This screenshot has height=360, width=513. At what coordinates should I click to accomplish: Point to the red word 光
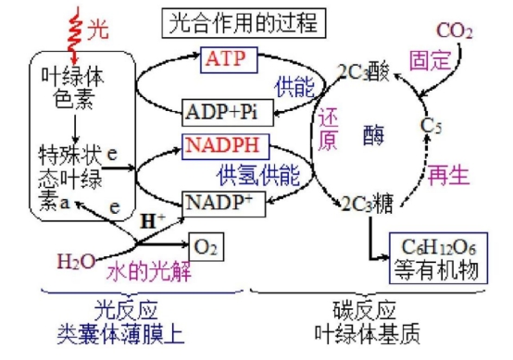click(97, 30)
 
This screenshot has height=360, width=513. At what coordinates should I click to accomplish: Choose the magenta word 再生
click(449, 174)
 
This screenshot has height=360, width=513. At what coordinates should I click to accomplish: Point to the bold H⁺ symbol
click(152, 221)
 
